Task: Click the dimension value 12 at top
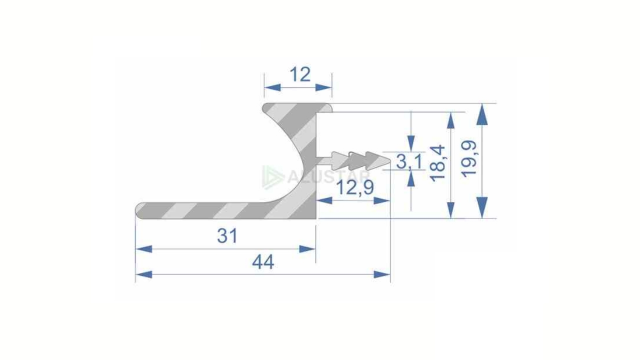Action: pos(300,75)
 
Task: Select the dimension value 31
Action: pos(227,236)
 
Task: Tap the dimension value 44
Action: pos(263,262)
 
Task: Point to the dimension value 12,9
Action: pos(355,188)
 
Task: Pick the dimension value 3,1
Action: pos(409,162)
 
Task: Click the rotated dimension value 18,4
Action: pos(438,162)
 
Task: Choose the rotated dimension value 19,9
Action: pos(469,158)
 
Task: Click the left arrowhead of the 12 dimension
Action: pos(272,87)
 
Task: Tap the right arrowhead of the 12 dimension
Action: pos(324,87)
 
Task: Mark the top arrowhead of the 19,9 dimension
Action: pos(482,114)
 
